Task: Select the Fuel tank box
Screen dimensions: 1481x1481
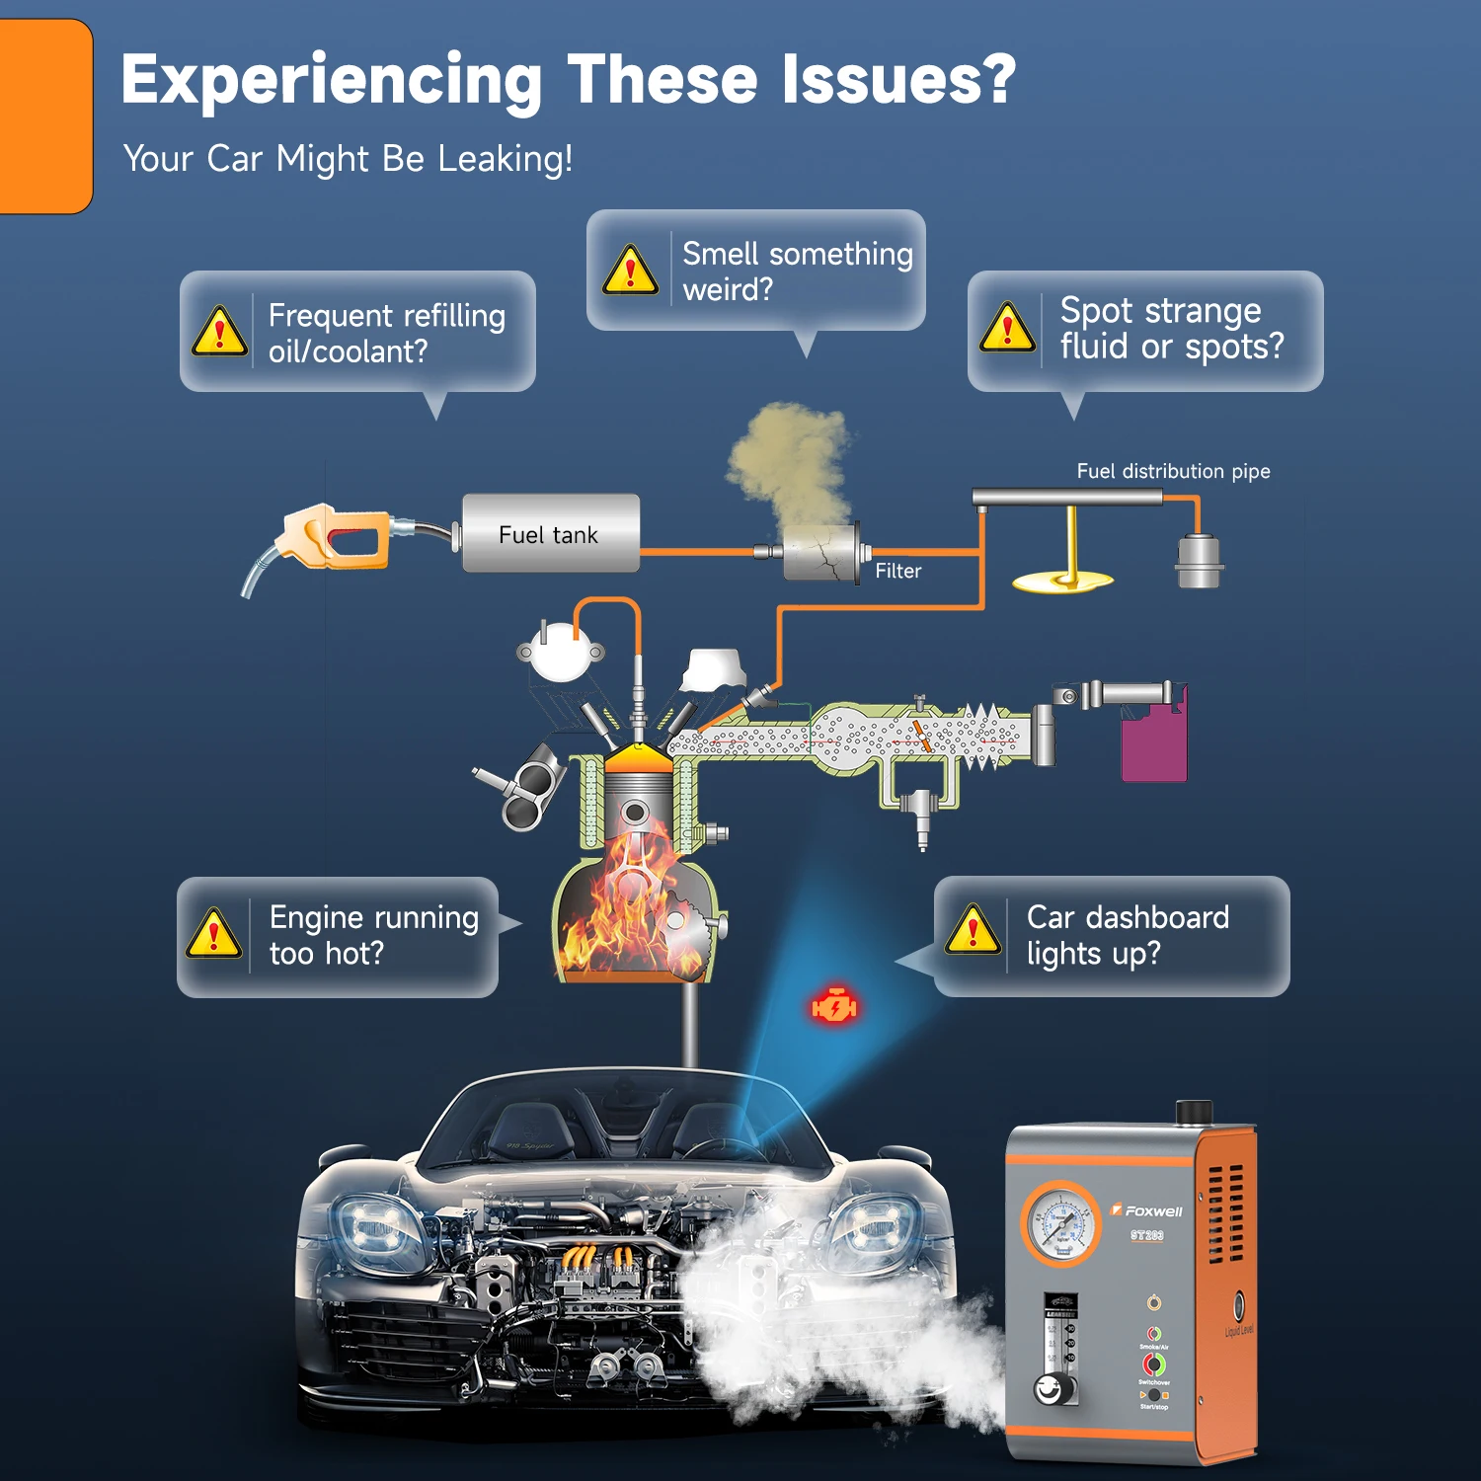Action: point(550,534)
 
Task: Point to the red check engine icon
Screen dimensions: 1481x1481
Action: point(834,1006)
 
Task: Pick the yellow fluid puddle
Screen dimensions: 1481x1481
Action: point(1062,582)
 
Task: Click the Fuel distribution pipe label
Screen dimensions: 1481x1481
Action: point(1173,471)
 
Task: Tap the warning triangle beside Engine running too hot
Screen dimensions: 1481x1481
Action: point(213,934)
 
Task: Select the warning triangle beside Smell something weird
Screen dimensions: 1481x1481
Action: point(630,271)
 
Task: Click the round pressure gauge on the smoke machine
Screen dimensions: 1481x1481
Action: point(1060,1224)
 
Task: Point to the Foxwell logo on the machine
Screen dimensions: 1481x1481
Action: point(1148,1210)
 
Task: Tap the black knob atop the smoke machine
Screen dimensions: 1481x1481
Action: point(1194,1112)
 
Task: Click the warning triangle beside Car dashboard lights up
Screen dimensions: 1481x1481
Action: point(973,931)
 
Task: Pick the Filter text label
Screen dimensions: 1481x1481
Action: point(897,571)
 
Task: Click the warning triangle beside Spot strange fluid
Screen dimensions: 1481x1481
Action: point(1006,329)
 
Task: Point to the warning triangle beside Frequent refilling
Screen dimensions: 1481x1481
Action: point(219,332)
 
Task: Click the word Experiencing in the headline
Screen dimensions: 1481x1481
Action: point(332,81)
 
